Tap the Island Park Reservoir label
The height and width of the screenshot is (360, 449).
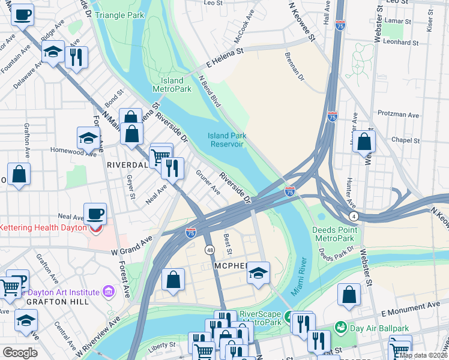point(227,140)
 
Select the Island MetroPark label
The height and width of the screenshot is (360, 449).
point(176,85)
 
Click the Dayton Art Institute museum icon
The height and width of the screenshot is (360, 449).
point(109,292)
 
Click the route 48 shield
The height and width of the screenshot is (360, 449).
point(209,250)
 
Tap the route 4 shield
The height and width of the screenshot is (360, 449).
point(355,215)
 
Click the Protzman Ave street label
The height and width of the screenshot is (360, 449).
point(398,113)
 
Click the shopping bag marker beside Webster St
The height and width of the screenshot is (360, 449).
point(364,143)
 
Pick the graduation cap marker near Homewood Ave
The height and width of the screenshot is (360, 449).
point(88,139)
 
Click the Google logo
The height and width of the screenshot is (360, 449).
point(20,353)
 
